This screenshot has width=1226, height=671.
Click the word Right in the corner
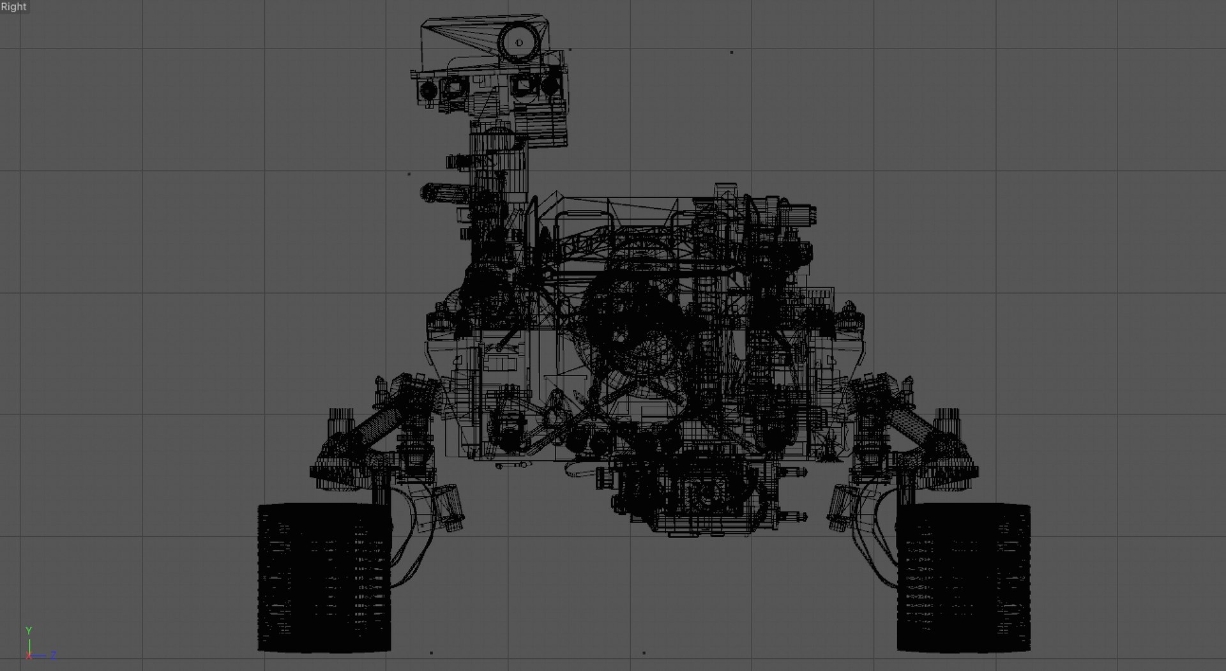13,7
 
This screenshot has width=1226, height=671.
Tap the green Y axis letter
29,631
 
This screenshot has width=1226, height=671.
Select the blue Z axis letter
54,655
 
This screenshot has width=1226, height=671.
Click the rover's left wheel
324,577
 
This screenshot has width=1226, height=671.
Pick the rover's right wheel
964,577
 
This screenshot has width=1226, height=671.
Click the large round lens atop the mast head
518,43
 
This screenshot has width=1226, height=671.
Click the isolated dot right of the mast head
731,52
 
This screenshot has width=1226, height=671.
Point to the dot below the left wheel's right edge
432,653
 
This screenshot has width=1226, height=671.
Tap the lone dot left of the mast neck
409,174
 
